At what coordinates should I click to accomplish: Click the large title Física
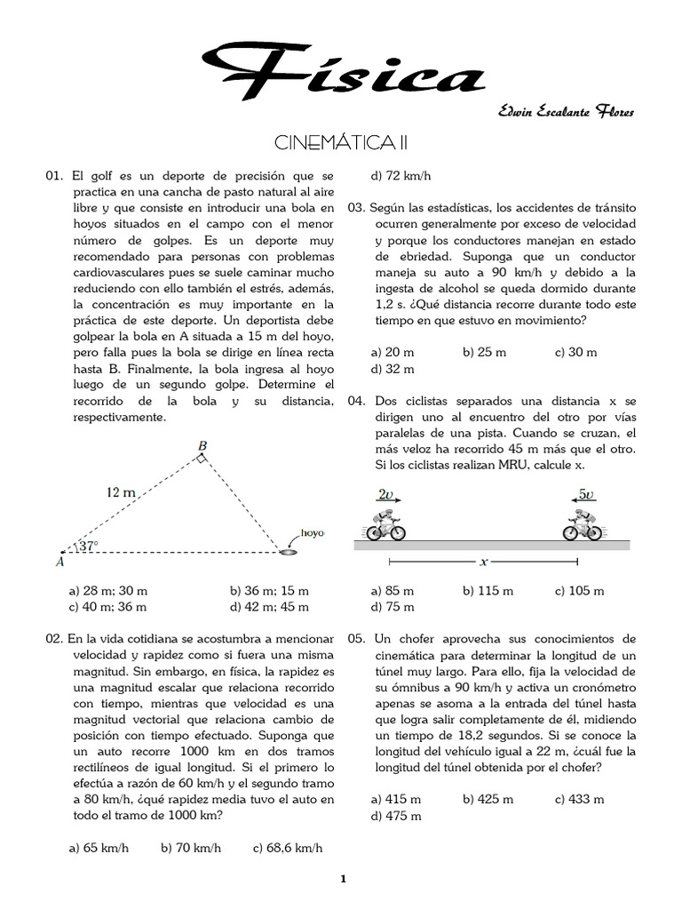pyautogui.click(x=342, y=71)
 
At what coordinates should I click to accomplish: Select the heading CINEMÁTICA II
pyautogui.click(x=341, y=143)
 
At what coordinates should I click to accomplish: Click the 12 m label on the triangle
pyautogui.click(x=120, y=491)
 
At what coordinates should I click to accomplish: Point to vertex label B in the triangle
pyautogui.click(x=202, y=445)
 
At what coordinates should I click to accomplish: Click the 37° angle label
pyautogui.click(x=86, y=547)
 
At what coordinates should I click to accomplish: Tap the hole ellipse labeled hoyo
pyautogui.click(x=289, y=552)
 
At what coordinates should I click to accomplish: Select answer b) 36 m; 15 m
pyautogui.click(x=269, y=590)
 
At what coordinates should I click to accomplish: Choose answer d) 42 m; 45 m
pyautogui.click(x=269, y=607)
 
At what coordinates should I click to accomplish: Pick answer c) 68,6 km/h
pyautogui.click(x=288, y=848)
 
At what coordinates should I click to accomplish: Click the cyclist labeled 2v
pyautogui.click(x=387, y=525)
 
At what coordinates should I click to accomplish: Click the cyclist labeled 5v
pyautogui.click(x=583, y=525)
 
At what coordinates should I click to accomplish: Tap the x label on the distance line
pyautogui.click(x=483, y=562)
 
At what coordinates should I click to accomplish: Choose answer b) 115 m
pyautogui.click(x=488, y=590)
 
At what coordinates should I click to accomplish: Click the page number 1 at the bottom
pyautogui.click(x=342, y=880)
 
